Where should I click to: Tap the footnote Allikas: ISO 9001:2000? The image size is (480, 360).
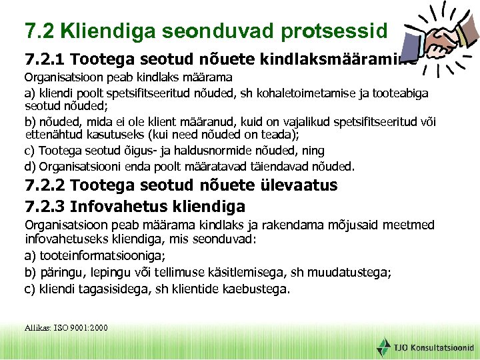(x=66, y=327)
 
